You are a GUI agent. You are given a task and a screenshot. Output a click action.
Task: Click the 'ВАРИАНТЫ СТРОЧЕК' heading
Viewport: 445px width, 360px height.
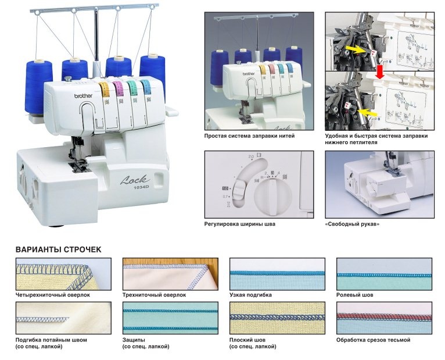(x=58, y=249)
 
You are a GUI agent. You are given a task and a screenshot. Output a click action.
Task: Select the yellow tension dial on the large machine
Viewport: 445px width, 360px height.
(x=105, y=89)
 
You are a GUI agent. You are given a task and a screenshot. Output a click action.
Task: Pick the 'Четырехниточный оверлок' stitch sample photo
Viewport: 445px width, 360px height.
(x=63, y=273)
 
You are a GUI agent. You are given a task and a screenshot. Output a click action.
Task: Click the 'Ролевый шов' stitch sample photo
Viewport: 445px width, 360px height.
(x=384, y=273)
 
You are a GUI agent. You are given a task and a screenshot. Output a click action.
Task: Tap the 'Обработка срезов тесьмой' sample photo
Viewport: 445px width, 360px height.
(x=384, y=318)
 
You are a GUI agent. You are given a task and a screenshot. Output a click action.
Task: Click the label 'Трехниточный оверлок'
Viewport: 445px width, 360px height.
(x=154, y=295)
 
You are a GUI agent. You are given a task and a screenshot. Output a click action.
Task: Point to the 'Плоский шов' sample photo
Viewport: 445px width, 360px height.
(x=277, y=318)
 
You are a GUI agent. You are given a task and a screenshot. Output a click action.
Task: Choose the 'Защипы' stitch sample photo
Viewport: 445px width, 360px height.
(x=170, y=318)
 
